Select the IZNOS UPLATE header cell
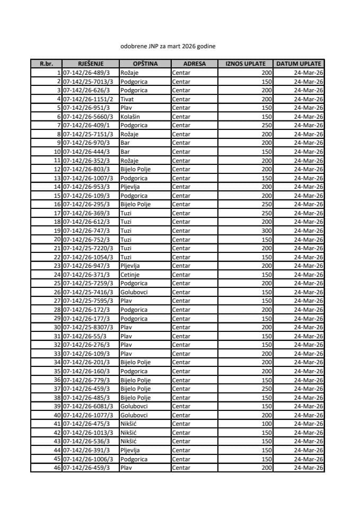point(245,64)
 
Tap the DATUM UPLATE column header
point(299,64)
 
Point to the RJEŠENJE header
point(90,64)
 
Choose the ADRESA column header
point(194,64)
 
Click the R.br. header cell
point(46,64)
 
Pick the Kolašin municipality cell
point(130,117)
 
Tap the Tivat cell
point(126,99)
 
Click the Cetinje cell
point(130,275)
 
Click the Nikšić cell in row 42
point(129,433)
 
